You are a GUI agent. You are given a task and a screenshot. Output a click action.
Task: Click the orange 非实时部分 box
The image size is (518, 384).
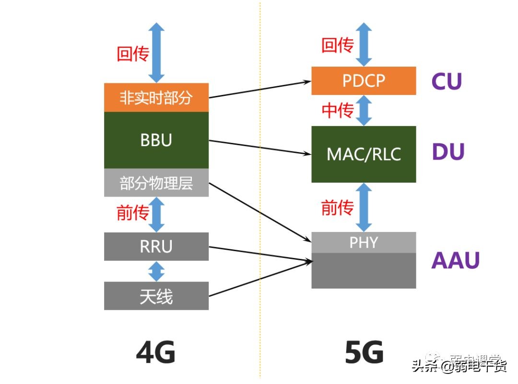click(156, 98)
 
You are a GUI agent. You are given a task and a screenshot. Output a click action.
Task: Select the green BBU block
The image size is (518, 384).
click(156, 140)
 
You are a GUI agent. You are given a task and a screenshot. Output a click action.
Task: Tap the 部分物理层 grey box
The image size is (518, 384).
click(156, 183)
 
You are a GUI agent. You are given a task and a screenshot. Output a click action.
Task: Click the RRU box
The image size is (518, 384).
click(156, 246)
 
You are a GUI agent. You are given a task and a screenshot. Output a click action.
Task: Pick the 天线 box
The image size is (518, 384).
click(156, 296)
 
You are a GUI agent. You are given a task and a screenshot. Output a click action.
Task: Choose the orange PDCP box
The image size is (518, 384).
click(364, 81)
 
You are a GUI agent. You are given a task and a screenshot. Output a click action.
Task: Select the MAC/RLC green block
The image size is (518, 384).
click(364, 154)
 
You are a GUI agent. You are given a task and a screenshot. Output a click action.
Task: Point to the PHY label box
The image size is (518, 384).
click(364, 243)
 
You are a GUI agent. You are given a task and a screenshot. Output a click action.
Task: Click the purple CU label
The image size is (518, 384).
click(447, 81)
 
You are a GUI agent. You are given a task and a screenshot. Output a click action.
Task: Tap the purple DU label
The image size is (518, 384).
click(448, 152)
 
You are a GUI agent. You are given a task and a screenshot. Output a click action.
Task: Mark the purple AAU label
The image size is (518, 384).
click(455, 261)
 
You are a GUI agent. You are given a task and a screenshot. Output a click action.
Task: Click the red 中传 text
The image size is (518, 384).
click(337, 111)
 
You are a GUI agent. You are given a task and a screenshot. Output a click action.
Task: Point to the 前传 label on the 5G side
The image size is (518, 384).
click(337, 208)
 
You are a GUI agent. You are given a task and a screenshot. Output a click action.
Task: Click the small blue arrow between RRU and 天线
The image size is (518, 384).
click(156, 271)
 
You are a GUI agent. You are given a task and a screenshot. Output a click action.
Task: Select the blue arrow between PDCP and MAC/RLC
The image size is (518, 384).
click(364, 110)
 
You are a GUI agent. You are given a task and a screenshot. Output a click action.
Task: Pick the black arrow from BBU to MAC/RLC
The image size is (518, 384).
click(259, 147)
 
